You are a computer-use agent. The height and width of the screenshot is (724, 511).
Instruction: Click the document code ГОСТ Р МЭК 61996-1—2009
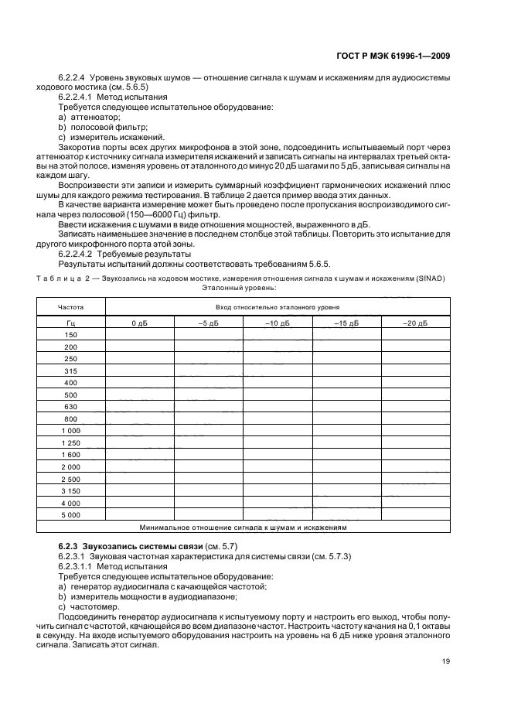pyautogui.click(x=402, y=56)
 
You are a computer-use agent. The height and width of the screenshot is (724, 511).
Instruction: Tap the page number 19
pyautogui.click(x=446, y=661)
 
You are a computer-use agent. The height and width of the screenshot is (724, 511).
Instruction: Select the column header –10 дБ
pyautogui.click(x=278, y=323)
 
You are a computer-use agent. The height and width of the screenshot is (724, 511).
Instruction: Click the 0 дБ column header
pyautogui.click(x=139, y=323)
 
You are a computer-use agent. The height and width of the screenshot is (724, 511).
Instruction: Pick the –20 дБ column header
pyautogui.click(x=415, y=323)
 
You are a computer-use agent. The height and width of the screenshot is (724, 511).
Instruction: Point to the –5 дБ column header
pyautogui.click(x=208, y=323)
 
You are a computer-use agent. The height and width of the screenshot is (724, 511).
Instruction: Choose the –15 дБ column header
pyautogui.click(x=346, y=323)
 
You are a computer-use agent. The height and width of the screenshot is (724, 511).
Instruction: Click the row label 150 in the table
pyautogui.click(x=71, y=335)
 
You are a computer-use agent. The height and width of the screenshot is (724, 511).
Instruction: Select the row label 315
pyautogui.click(x=71, y=371)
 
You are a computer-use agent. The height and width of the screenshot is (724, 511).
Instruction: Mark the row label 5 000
pyautogui.click(x=71, y=515)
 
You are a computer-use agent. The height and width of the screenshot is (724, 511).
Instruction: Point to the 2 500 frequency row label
pyautogui.click(x=71, y=479)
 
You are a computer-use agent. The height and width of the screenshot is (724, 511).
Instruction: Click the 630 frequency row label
pyautogui.click(x=71, y=407)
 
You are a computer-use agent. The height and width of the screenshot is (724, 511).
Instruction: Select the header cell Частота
pyautogui.click(x=71, y=307)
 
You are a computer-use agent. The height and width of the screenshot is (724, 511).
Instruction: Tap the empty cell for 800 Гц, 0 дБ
pyautogui.click(x=139, y=419)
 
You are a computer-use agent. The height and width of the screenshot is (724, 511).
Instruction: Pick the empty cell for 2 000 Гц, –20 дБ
pyautogui.click(x=415, y=467)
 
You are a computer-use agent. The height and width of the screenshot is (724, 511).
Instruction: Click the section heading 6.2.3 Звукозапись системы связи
pyautogui.click(x=116, y=548)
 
